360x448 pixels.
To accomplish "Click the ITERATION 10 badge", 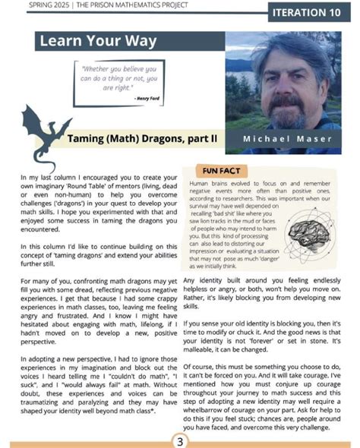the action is (x=311, y=14).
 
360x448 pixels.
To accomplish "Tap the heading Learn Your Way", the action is (x=96, y=41).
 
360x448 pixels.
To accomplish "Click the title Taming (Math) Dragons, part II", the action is (x=142, y=139).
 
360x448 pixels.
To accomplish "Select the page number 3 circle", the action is (x=180, y=440).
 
